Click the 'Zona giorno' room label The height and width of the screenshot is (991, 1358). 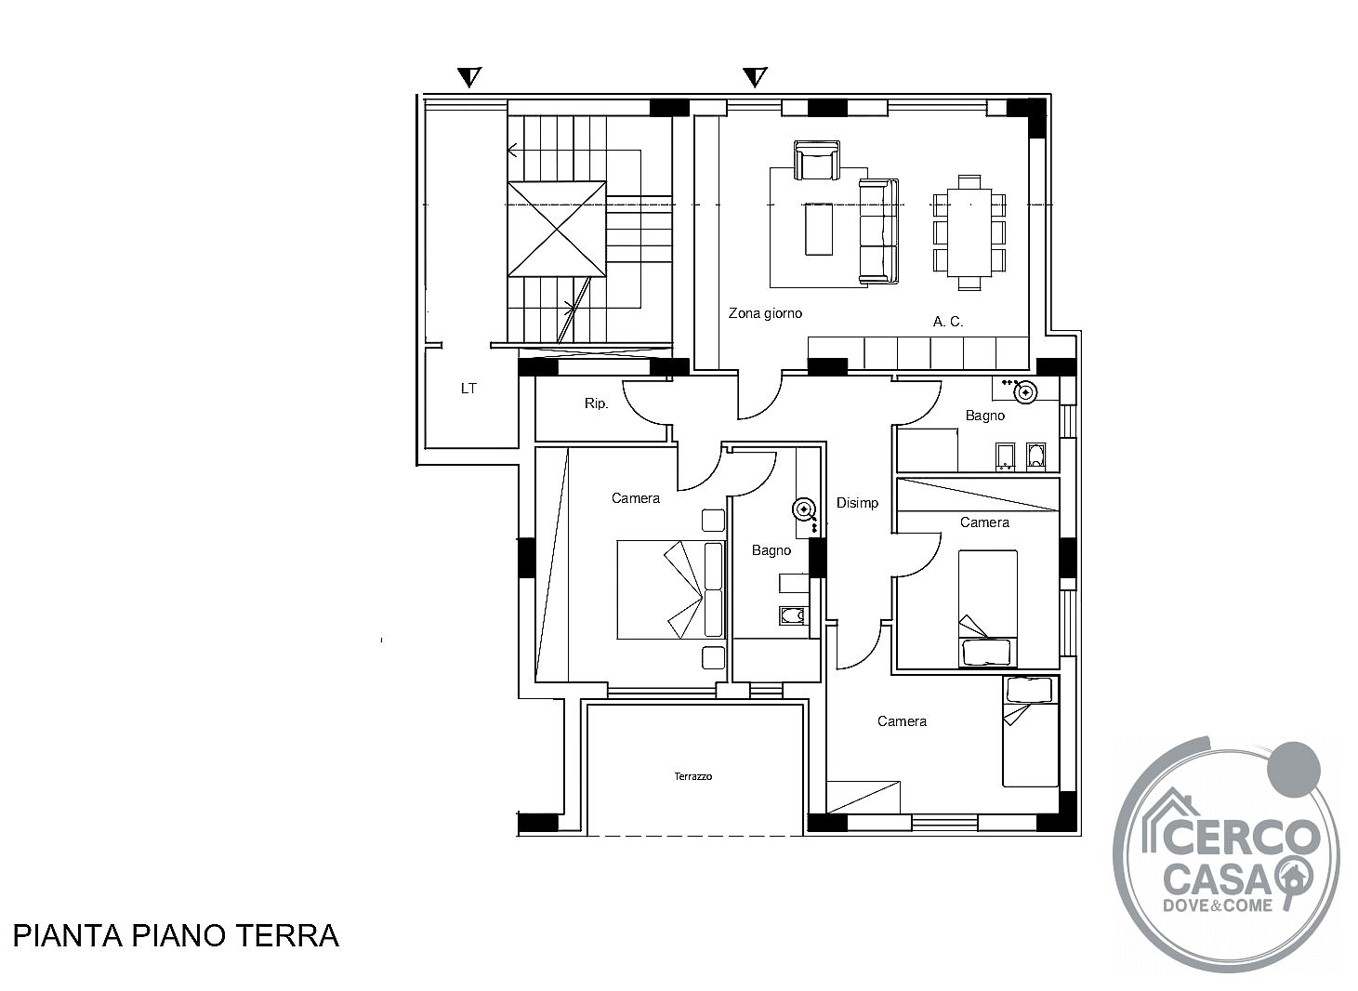765,313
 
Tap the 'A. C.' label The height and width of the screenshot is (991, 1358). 947,322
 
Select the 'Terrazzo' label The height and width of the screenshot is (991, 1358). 693,776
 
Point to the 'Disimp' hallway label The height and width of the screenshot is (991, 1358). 857,503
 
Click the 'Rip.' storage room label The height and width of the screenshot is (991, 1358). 596,403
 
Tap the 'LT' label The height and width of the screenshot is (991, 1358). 468,389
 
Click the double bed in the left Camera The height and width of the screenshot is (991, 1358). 671,589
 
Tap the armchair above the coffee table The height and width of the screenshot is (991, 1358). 817,160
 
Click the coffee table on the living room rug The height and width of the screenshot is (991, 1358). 819,229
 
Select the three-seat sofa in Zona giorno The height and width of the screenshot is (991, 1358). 878,231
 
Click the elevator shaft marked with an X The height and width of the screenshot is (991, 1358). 557,229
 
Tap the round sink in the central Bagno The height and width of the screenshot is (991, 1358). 805,509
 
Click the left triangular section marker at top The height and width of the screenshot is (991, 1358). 469,77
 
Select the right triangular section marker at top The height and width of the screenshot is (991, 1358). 756,77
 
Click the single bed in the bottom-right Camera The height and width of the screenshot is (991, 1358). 1030,732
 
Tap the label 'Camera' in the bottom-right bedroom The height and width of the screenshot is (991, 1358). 902,721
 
